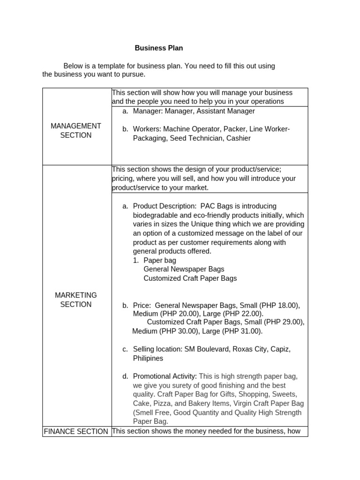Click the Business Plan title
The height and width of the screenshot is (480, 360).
(x=159, y=48)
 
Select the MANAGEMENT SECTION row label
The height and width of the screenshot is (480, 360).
(x=76, y=130)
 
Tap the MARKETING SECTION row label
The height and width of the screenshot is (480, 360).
(x=76, y=300)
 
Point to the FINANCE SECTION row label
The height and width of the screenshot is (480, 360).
(x=76, y=431)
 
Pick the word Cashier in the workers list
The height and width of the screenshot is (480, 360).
(x=239, y=138)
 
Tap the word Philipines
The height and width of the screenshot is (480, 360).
(x=148, y=358)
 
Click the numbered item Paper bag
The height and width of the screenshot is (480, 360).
(x=160, y=260)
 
